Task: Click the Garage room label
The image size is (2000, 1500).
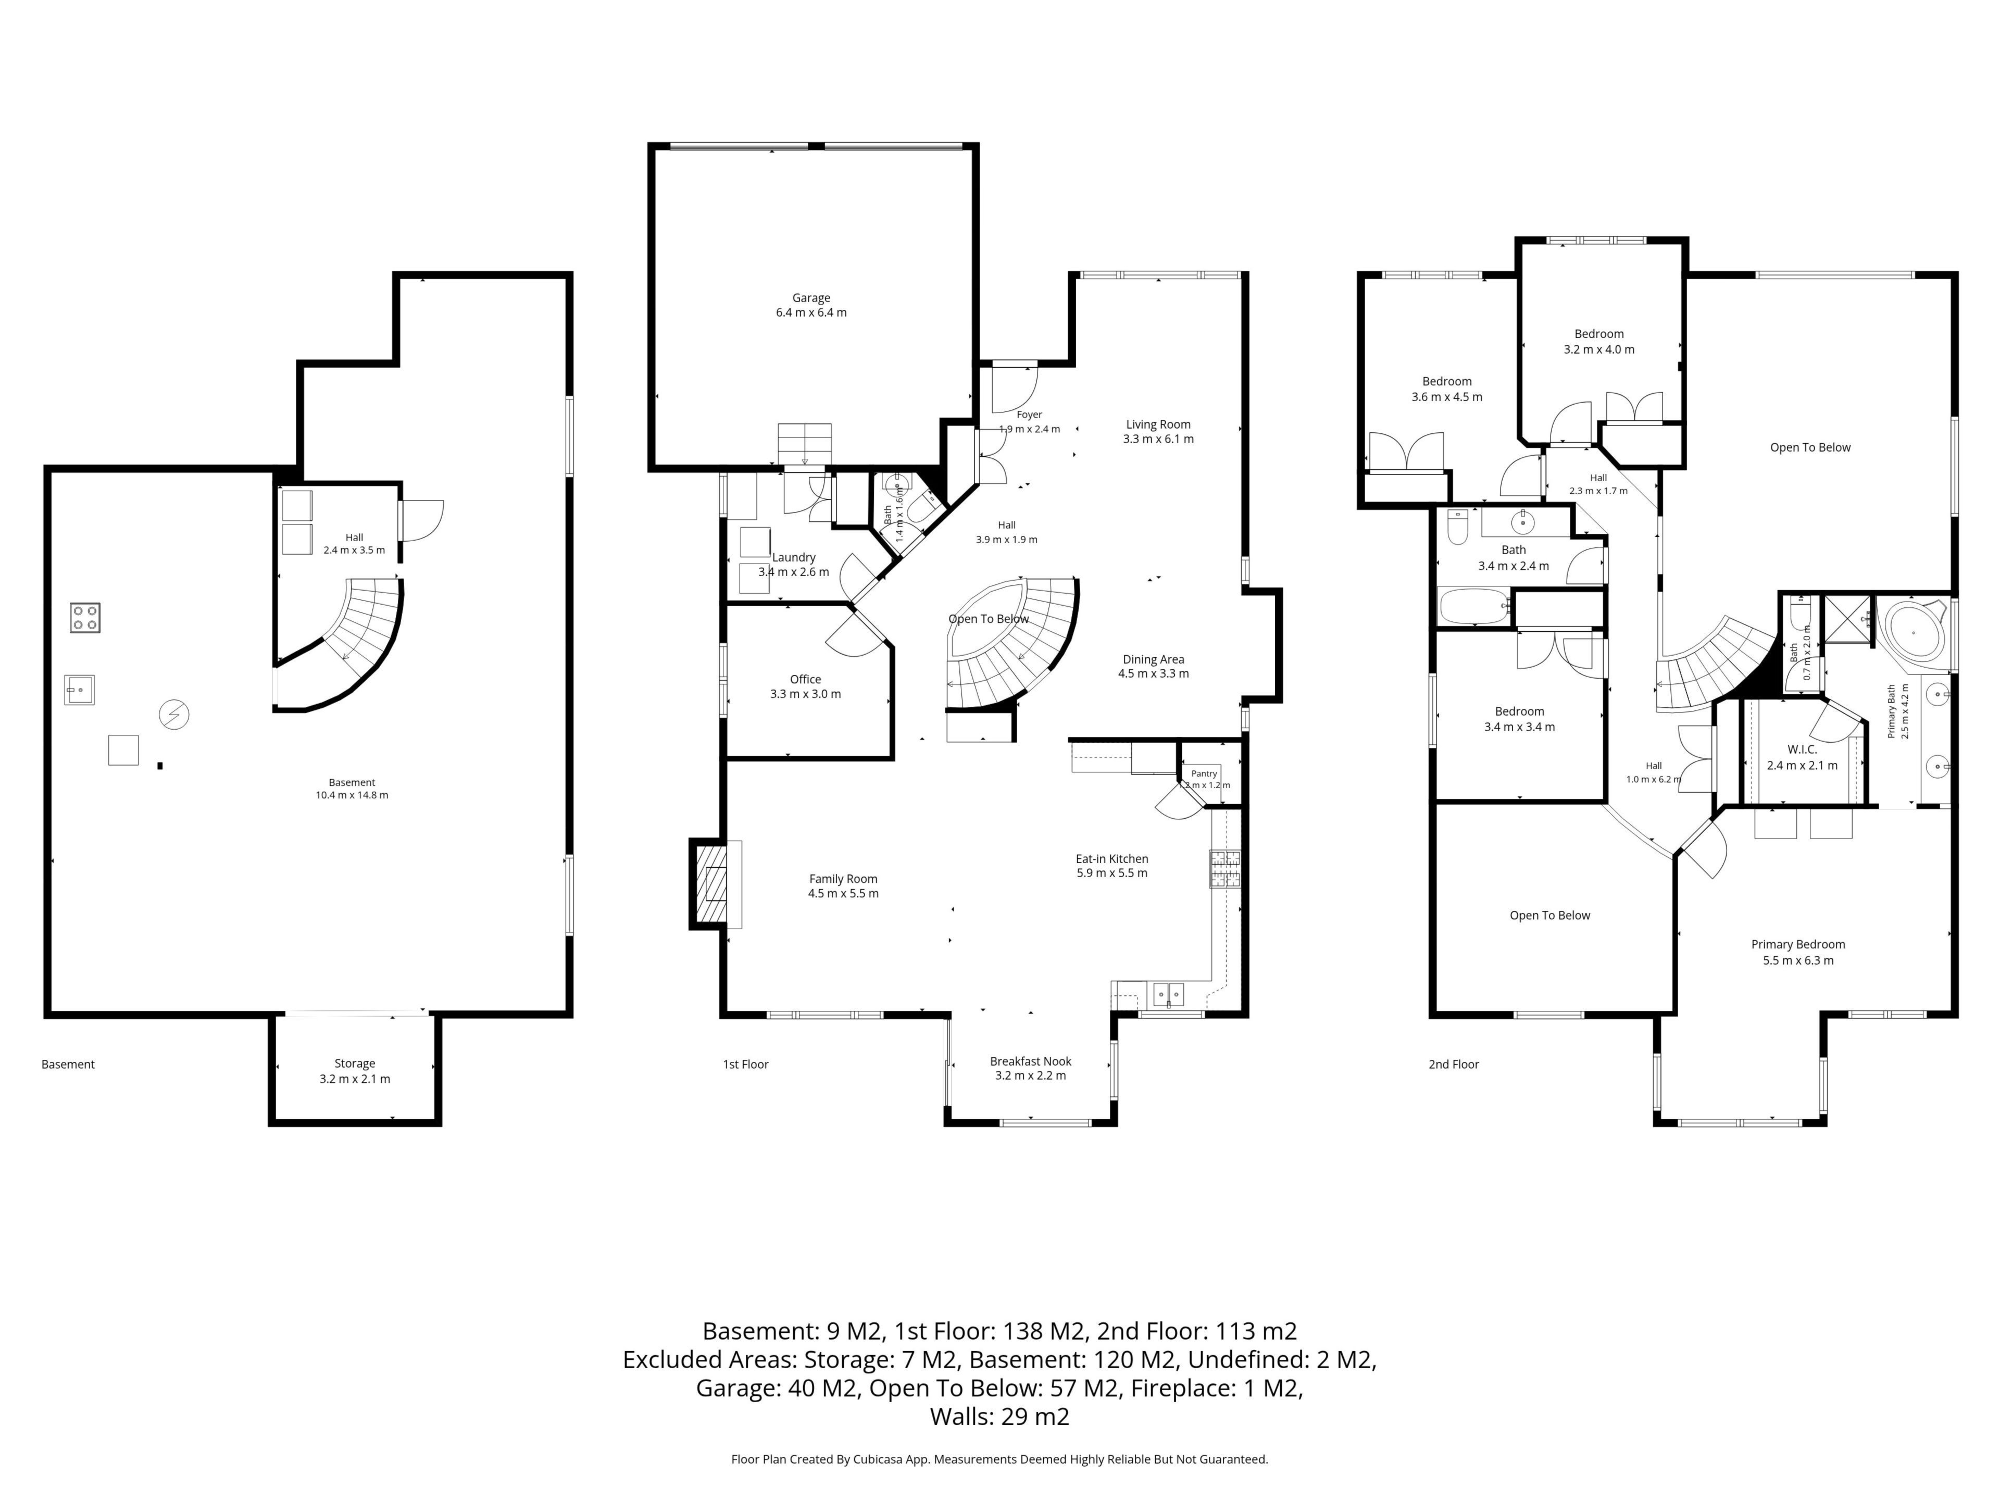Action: (811, 305)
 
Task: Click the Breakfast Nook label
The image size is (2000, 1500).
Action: (1031, 1068)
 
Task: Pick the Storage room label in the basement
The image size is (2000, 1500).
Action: (355, 1070)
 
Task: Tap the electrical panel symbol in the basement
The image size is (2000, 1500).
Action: (174, 714)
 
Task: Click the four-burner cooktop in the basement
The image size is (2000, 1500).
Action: (85, 618)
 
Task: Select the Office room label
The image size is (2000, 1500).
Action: (806, 686)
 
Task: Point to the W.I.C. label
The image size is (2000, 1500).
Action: (1802, 757)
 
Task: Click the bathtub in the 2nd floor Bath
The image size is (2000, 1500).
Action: (1474, 606)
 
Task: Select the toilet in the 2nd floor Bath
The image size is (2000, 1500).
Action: (1457, 527)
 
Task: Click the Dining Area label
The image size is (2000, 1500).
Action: (1154, 666)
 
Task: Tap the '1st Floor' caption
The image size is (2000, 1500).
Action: (746, 1064)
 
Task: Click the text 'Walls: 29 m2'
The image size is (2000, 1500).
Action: (1000, 1416)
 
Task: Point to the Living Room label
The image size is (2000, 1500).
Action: (1158, 431)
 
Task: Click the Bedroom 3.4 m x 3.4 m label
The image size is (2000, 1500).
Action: (1520, 719)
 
